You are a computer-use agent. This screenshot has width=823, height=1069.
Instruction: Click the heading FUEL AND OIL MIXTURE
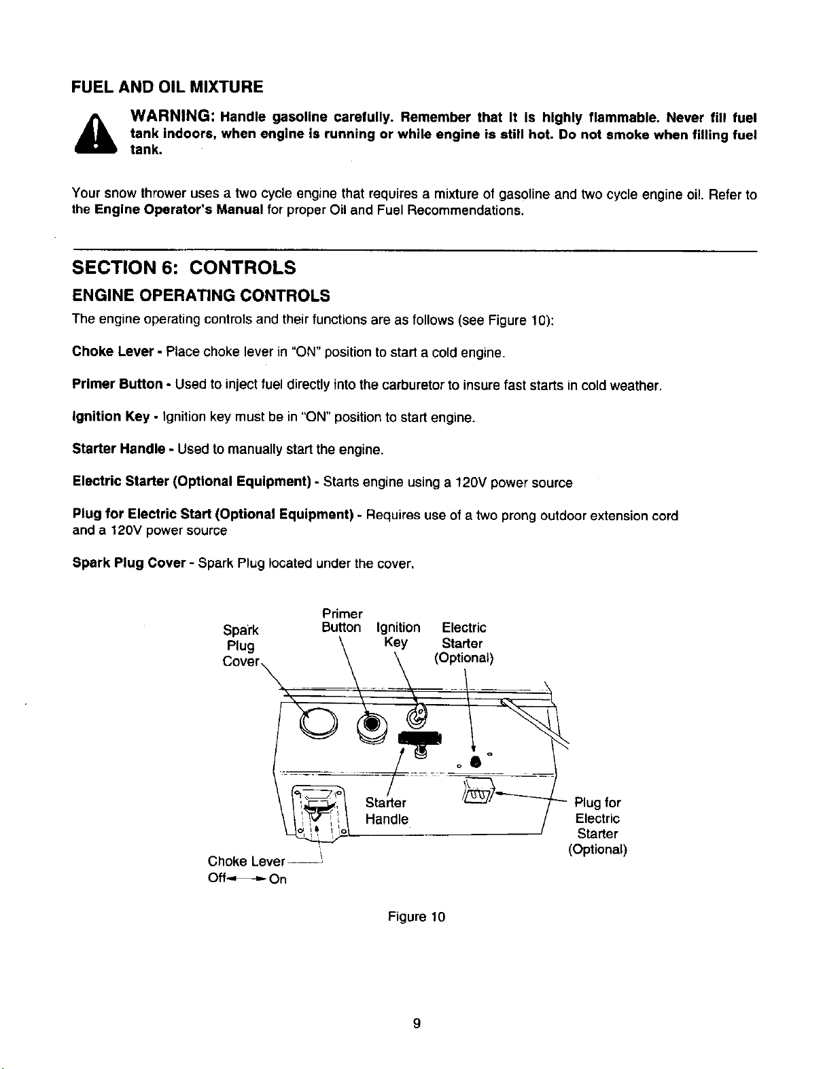click(167, 87)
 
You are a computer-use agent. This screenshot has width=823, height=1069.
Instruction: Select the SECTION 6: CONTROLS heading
click(184, 268)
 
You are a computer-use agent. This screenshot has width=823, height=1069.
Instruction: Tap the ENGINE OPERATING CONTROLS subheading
click(200, 296)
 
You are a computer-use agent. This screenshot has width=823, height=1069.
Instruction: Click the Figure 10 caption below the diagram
click(416, 917)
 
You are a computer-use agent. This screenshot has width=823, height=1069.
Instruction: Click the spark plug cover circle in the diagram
click(319, 723)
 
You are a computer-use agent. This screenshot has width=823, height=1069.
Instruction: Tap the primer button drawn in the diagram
click(372, 725)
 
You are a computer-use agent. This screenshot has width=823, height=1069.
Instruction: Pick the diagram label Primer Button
click(342, 621)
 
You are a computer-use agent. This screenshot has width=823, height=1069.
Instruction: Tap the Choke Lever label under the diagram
click(246, 862)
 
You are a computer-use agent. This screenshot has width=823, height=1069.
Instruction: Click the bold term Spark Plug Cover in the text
click(129, 563)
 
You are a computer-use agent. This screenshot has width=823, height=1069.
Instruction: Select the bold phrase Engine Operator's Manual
click(179, 210)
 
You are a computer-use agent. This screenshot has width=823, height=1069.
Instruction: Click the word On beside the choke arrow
click(277, 879)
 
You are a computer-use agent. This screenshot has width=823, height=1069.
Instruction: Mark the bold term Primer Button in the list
click(117, 384)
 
